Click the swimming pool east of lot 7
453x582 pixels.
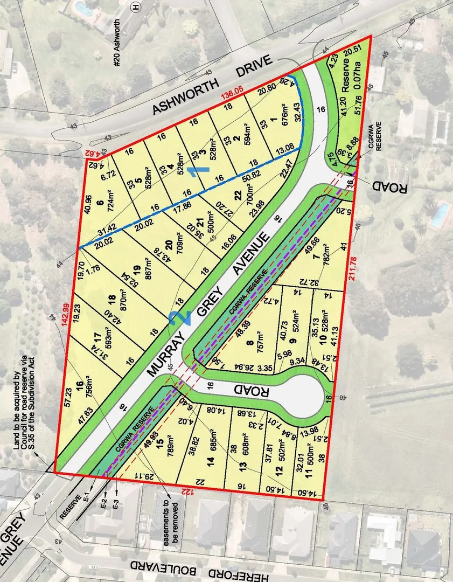coord(440,214)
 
